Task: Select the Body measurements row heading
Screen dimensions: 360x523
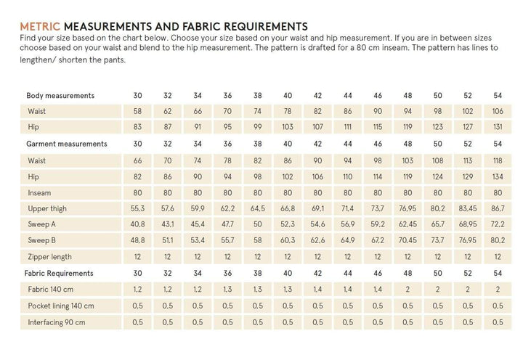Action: tap(60, 96)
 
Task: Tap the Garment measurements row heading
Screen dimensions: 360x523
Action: tap(67, 144)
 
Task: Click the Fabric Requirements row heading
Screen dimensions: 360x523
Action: tap(60, 273)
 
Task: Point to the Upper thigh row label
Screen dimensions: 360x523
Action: tap(48, 208)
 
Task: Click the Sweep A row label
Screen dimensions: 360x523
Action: tap(44, 224)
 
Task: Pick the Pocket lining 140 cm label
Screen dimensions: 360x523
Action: tap(60, 306)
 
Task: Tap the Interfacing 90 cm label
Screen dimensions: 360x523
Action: tap(57, 322)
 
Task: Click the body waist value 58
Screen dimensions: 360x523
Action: tap(138, 112)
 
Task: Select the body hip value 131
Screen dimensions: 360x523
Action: tap(498, 128)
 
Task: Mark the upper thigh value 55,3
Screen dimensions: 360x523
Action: tap(138, 208)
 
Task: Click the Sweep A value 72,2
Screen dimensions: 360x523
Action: tap(498, 224)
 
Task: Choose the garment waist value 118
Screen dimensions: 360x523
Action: tap(498, 160)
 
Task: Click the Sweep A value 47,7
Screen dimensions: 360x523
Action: tap(227, 224)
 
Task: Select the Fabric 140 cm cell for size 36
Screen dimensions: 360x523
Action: tap(227, 290)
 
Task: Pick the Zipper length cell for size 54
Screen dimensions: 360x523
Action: tap(498, 257)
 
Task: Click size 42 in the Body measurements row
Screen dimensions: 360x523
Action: tap(317, 96)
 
